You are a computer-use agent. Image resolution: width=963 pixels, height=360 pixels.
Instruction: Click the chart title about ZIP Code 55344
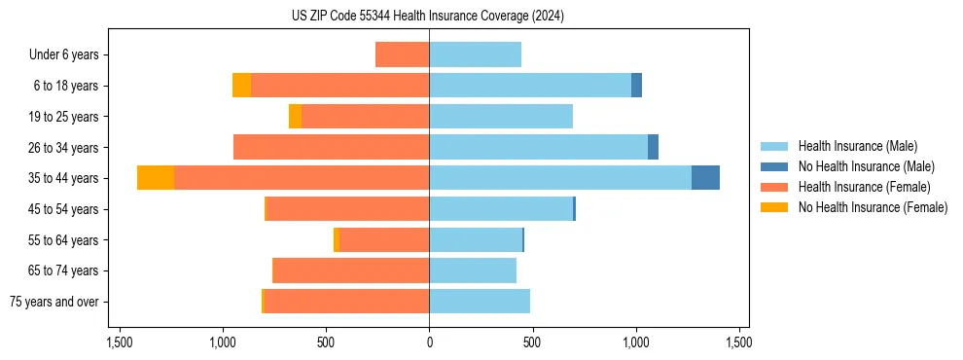point(428,16)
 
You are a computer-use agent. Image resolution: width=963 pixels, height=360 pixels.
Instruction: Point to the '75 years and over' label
point(54,302)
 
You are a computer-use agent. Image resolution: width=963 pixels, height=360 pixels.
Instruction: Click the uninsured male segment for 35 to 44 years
point(705,178)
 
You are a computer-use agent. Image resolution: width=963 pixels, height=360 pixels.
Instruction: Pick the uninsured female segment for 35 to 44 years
point(156,178)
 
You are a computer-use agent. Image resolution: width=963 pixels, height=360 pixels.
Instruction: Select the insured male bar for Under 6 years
point(475,55)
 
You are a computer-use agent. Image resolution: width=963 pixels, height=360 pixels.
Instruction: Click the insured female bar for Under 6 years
point(402,55)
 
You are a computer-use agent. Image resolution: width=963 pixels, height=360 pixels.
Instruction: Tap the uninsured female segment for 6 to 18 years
point(241,86)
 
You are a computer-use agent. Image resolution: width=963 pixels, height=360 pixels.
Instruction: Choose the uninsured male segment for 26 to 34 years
point(653,147)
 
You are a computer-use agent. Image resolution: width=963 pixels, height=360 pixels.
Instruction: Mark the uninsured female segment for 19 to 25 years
point(295,117)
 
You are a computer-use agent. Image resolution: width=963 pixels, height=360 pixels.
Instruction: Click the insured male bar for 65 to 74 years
point(472,270)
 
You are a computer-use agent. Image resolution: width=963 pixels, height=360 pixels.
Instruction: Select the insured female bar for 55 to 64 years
point(383,239)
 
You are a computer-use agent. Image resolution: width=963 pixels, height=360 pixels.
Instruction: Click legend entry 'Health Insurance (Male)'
point(857,146)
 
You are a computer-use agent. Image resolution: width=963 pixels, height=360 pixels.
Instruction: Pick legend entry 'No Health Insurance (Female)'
point(873,207)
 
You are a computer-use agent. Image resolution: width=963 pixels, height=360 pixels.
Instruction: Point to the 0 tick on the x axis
point(429,342)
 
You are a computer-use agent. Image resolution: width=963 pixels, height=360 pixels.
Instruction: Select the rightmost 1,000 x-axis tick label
point(635,342)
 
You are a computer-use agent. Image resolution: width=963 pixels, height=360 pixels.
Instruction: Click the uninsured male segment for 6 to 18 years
point(636,86)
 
